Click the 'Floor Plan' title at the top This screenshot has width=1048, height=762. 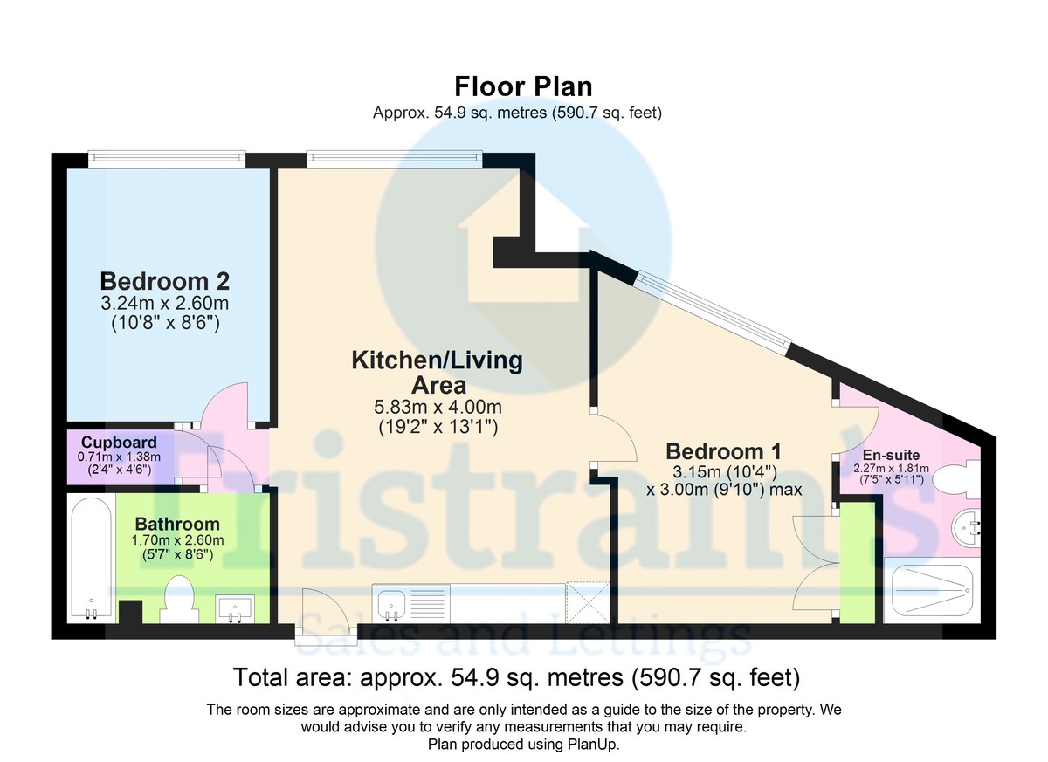coord(523,86)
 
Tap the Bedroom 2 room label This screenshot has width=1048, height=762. coord(165,281)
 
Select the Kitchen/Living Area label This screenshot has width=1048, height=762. coord(437,372)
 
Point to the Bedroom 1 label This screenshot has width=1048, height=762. coord(723,451)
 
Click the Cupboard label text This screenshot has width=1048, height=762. coord(114,442)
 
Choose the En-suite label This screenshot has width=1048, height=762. coord(891,455)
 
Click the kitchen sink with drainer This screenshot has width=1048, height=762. coord(410,602)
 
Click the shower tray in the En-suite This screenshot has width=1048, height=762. coord(928,593)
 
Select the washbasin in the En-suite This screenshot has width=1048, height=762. coord(967,527)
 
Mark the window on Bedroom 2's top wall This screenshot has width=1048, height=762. coord(166,158)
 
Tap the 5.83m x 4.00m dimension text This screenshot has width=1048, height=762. coord(437,408)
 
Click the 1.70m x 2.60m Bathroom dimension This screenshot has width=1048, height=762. coord(178,539)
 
